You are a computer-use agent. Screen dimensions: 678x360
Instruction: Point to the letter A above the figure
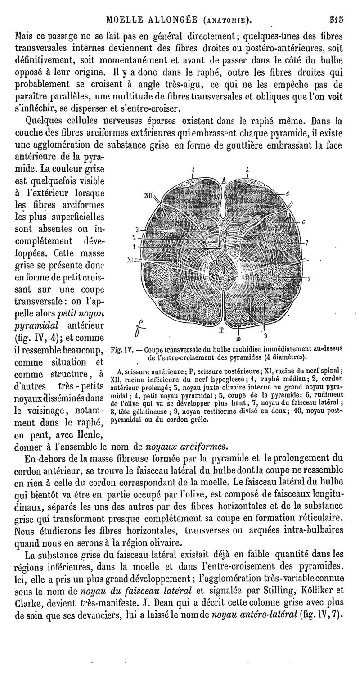pyautogui.click(x=223, y=181)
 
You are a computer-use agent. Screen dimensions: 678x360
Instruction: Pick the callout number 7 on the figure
pyautogui.click(x=306, y=243)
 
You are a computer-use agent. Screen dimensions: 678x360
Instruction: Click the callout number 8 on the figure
pyautogui.click(x=310, y=280)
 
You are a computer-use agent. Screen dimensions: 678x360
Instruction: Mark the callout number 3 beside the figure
pyautogui.click(x=137, y=229)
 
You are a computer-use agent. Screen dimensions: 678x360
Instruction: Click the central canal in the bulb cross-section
pyautogui.click(x=224, y=269)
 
